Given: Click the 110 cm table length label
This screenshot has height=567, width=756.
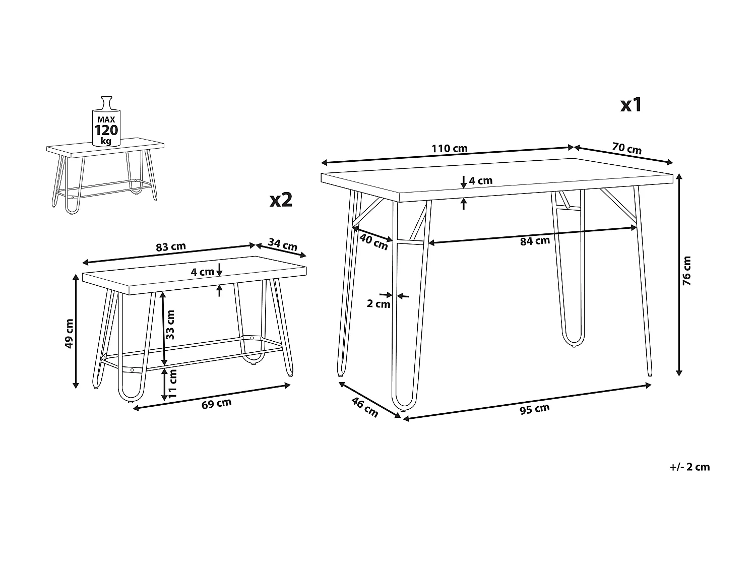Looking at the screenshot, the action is tap(450, 148).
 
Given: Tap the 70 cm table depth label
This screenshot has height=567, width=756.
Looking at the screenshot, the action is tap(627, 148).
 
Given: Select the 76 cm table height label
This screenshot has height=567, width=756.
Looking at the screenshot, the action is tap(686, 270).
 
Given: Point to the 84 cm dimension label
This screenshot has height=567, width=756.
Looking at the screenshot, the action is tap(535, 241).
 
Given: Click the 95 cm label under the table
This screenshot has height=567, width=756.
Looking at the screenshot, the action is tap(535, 409).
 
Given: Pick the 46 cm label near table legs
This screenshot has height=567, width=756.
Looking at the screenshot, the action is tap(365, 407).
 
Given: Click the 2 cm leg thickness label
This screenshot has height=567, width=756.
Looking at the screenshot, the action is tap(378, 303).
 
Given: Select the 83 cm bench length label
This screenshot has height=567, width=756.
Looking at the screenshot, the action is tap(171, 247).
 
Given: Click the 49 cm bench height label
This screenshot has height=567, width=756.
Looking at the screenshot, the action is tap(69, 333).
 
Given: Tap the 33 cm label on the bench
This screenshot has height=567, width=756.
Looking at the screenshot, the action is tap(170, 325).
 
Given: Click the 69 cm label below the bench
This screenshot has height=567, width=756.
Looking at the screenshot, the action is tap(216, 404).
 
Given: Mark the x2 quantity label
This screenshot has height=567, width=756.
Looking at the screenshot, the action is tap(281, 200).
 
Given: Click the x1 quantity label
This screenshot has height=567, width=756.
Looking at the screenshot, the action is tap(631, 105).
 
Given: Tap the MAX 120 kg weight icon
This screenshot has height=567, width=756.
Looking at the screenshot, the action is tap(106, 121).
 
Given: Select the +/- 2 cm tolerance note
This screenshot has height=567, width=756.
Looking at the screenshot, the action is tap(689, 467).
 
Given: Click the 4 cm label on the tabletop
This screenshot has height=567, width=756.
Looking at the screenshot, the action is tap(481, 181).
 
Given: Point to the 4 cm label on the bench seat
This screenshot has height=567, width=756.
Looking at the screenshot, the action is tap(203, 272).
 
